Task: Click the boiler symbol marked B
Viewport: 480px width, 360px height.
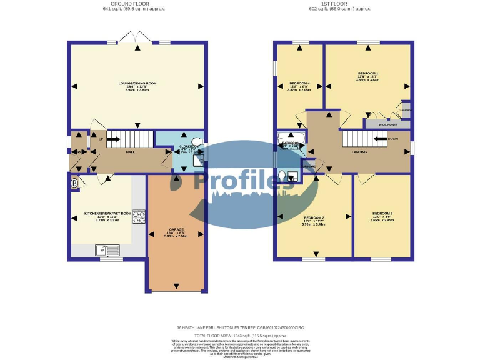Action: [75, 183]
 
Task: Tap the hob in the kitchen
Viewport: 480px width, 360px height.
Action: [138, 217]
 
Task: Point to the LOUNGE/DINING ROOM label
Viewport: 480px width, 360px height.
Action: [137, 83]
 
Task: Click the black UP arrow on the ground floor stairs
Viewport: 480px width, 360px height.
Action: [113, 139]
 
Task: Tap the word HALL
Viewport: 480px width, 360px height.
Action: [131, 152]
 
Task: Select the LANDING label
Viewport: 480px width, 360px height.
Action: [359, 152]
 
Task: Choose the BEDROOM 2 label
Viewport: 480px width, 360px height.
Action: [314, 217]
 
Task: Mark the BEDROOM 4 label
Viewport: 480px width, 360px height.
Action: [299, 83]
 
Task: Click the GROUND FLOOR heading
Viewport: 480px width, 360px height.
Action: [134, 4]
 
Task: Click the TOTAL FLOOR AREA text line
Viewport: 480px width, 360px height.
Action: [241, 335]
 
